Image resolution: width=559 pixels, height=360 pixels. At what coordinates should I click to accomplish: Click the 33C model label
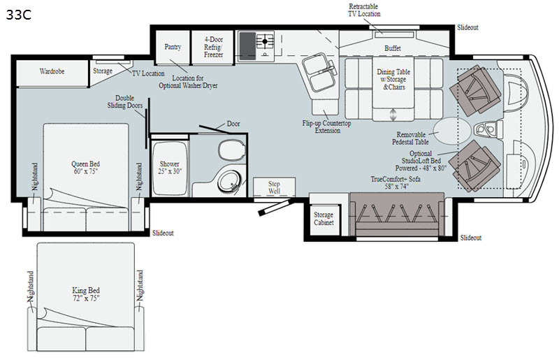coord(19,15)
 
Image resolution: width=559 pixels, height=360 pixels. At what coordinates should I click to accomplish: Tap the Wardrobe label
coord(52,71)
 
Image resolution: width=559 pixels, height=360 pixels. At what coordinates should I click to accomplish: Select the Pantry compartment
coord(173,47)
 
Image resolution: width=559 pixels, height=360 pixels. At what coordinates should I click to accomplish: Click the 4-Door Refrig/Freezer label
coord(214,47)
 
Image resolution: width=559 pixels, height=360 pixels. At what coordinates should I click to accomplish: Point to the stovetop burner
coord(265,41)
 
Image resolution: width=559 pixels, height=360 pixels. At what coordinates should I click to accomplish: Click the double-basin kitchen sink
coord(319,72)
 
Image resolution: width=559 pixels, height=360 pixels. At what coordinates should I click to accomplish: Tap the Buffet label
coord(393,48)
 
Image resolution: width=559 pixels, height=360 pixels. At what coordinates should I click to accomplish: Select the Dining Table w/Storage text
coord(393,75)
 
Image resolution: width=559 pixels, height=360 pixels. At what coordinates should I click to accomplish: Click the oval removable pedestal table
coord(451,131)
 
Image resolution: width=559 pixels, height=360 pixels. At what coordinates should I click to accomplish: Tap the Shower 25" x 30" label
coord(170,167)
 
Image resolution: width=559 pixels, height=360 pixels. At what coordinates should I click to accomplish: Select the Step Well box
coord(274,187)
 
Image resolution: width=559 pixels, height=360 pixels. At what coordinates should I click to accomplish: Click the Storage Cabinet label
coord(324,218)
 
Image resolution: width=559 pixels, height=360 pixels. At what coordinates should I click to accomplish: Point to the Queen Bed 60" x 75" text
coord(85,167)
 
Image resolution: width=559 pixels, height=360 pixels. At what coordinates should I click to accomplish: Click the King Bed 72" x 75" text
coord(86,294)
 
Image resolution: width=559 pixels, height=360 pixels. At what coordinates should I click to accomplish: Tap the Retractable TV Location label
coord(364,10)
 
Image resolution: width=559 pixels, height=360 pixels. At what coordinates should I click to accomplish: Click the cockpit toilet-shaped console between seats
coord(488,129)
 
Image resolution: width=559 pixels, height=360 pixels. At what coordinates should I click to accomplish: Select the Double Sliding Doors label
coord(125,101)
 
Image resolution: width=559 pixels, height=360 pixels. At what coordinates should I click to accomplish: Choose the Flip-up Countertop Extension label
coord(326,127)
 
